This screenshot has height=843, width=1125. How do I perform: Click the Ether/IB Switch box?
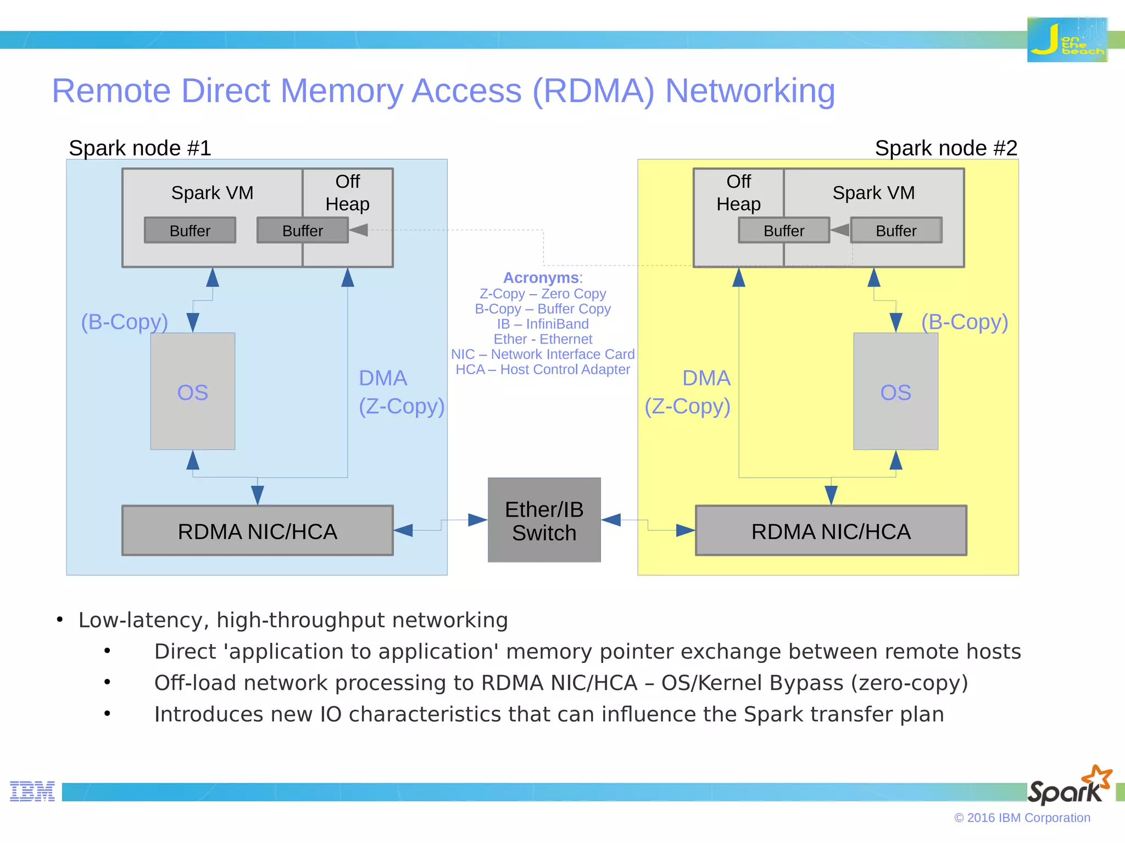click(x=544, y=520)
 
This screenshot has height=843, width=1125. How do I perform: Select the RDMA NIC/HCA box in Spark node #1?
click(x=257, y=531)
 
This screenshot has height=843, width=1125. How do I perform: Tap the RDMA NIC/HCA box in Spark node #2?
click(x=831, y=531)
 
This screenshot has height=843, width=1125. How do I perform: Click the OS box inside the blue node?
click(x=193, y=391)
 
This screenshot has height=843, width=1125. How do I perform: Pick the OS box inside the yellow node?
click(x=895, y=391)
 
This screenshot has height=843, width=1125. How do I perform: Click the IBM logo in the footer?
click(x=32, y=791)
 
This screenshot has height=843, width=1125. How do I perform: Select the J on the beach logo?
click(x=1067, y=40)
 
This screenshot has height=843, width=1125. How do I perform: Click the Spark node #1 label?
click(x=140, y=148)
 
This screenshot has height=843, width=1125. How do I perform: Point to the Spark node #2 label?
click(x=946, y=148)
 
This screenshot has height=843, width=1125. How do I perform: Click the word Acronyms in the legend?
click(x=541, y=278)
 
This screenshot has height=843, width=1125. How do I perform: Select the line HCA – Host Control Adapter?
click(x=543, y=369)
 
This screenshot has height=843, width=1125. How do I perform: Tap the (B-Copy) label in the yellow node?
click(x=965, y=322)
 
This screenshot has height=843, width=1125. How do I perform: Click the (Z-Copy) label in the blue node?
click(x=402, y=406)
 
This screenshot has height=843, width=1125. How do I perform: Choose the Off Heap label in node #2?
click(x=738, y=193)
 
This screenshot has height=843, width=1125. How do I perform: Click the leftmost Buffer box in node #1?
click(x=190, y=231)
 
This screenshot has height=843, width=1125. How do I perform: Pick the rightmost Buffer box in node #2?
click(x=896, y=231)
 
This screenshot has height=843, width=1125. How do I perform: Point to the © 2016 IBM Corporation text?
click(x=1022, y=818)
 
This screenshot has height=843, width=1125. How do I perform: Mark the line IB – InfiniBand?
click(x=543, y=324)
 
